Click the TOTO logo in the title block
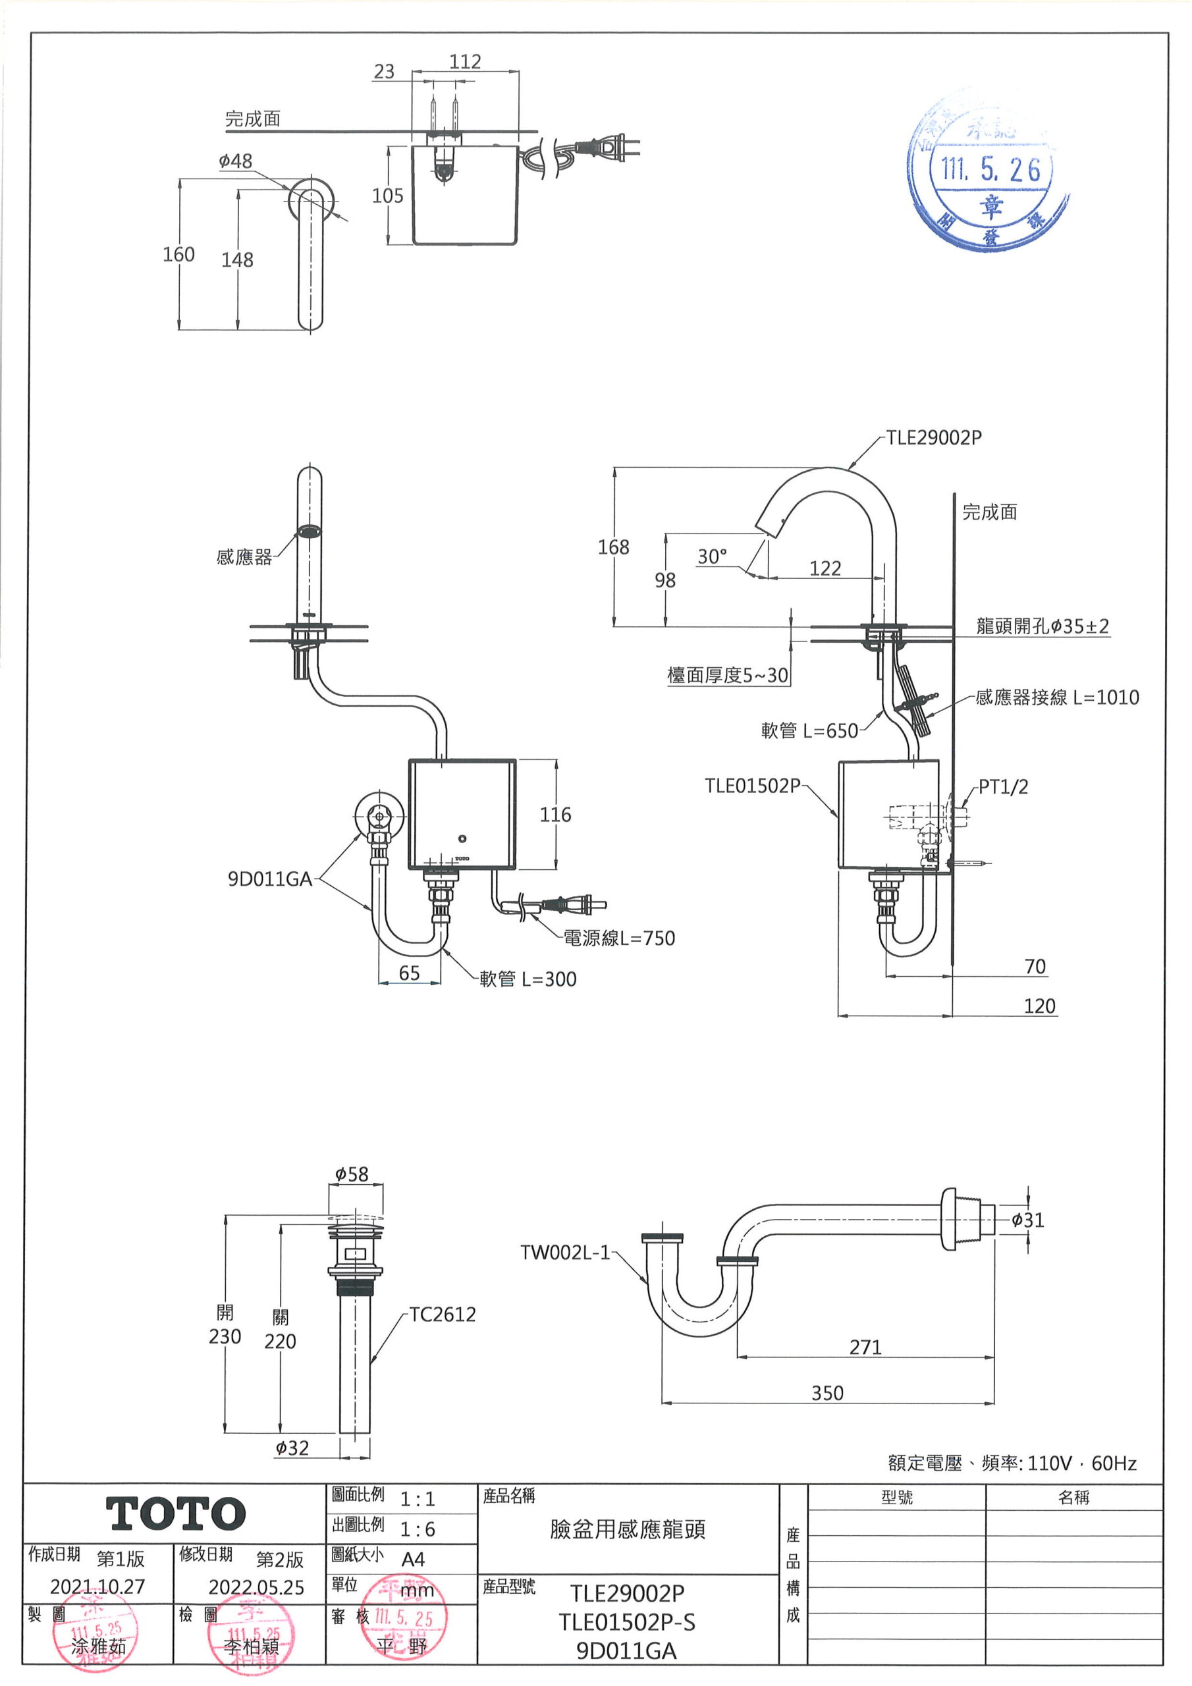point(176,1514)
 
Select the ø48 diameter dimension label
point(235,161)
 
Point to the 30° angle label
point(712,557)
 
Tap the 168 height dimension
point(613,547)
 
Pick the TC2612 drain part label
point(442,1315)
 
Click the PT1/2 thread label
point(1003,787)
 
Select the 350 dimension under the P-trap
point(827,1393)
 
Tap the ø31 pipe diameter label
point(1027,1220)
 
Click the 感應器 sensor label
point(244,557)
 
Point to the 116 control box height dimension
point(555,815)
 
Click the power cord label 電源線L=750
point(618,938)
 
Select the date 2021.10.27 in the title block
point(97,1587)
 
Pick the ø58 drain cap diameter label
point(352,1174)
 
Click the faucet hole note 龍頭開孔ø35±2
point(1042,626)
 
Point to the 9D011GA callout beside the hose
point(269,879)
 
